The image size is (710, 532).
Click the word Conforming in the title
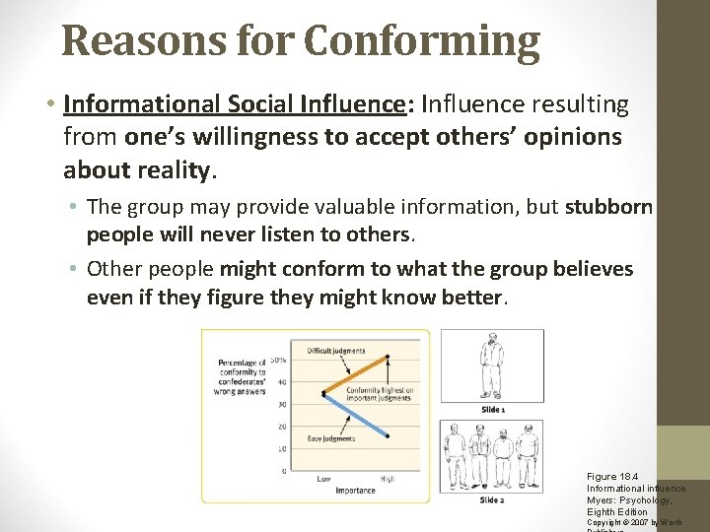pyautogui.click(x=422, y=41)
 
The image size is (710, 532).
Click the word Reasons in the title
pyautogui.click(x=128, y=41)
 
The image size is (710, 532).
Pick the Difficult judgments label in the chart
pyautogui.click(x=335, y=351)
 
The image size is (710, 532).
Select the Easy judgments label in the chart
pyautogui.click(x=330, y=438)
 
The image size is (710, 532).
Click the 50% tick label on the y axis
pyautogui.click(x=279, y=360)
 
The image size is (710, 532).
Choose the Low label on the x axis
pyautogui.click(x=323, y=480)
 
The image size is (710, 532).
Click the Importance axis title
pyautogui.click(x=355, y=490)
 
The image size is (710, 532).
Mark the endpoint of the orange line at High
pyautogui.click(x=389, y=357)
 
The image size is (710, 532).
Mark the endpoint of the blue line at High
pyautogui.click(x=389, y=434)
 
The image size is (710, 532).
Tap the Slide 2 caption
pyautogui.click(x=492, y=500)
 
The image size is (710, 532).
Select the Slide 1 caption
pyautogui.click(x=493, y=409)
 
